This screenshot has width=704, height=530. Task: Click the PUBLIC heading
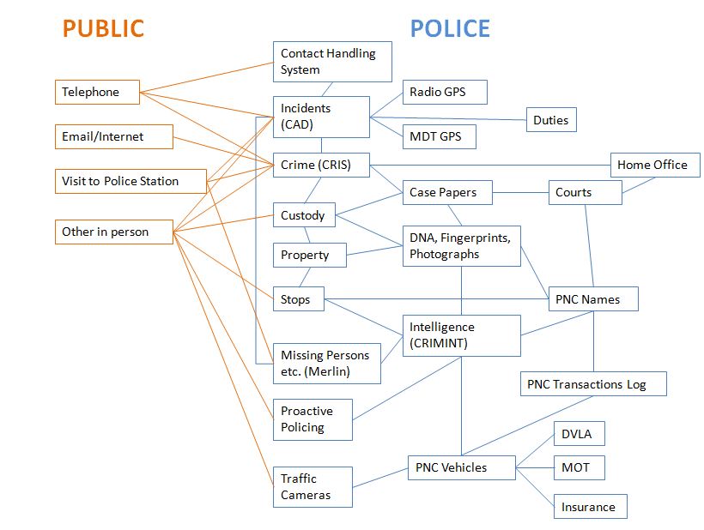[x=103, y=28]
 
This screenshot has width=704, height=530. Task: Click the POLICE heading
[x=450, y=28]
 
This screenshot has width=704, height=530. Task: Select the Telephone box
[x=97, y=92]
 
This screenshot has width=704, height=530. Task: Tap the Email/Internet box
[x=113, y=136]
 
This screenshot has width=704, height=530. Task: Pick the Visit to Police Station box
[x=130, y=181]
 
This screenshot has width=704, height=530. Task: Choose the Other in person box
[x=113, y=232]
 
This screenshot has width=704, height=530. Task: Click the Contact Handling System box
[x=332, y=62]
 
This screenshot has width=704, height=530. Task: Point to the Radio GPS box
[x=445, y=92]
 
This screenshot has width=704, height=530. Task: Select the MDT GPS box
[x=439, y=136]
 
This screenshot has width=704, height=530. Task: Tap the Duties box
[x=550, y=120]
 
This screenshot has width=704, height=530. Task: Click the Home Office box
[x=655, y=165]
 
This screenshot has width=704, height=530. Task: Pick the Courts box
[x=585, y=192]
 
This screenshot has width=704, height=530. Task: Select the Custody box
[x=303, y=215]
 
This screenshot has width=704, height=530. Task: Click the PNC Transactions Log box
[x=593, y=384]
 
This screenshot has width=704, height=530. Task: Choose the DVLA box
[x=578, y=434]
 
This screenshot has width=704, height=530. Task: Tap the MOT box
[x=578, y=467]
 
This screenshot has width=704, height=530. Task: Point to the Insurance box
[x=589, y=507]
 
